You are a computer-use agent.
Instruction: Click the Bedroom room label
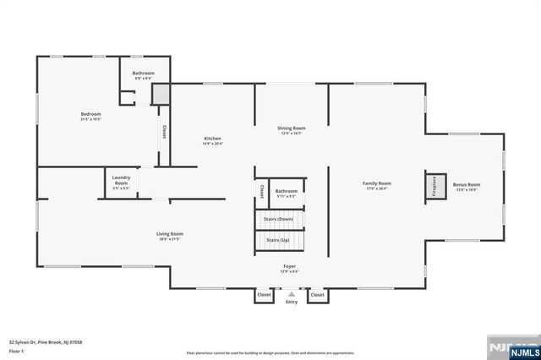click(x=90, y=114)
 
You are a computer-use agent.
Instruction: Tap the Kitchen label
click(x=212, y=139)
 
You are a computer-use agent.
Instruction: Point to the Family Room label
click(x=377, y=183)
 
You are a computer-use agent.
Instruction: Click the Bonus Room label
click(x=466, y=184)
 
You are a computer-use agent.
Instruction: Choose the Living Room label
click(x=169, y=234)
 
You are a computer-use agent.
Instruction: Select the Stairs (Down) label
click(x=279, y=219)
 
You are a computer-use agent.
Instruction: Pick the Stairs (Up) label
click(x=279, y=240)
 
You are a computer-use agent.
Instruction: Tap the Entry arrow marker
click(x=292, y=294)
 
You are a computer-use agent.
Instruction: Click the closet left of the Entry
click(x=265, y=295)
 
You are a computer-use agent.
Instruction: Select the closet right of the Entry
click(x=317, y=295)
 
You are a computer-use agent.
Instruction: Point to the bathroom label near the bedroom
click(x=143, y=74)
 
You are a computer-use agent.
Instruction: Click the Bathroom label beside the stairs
click(x=286, y=192)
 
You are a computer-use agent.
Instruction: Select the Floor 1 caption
click(x=16, y=350)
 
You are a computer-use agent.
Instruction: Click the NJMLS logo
click(x=511, y=348)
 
